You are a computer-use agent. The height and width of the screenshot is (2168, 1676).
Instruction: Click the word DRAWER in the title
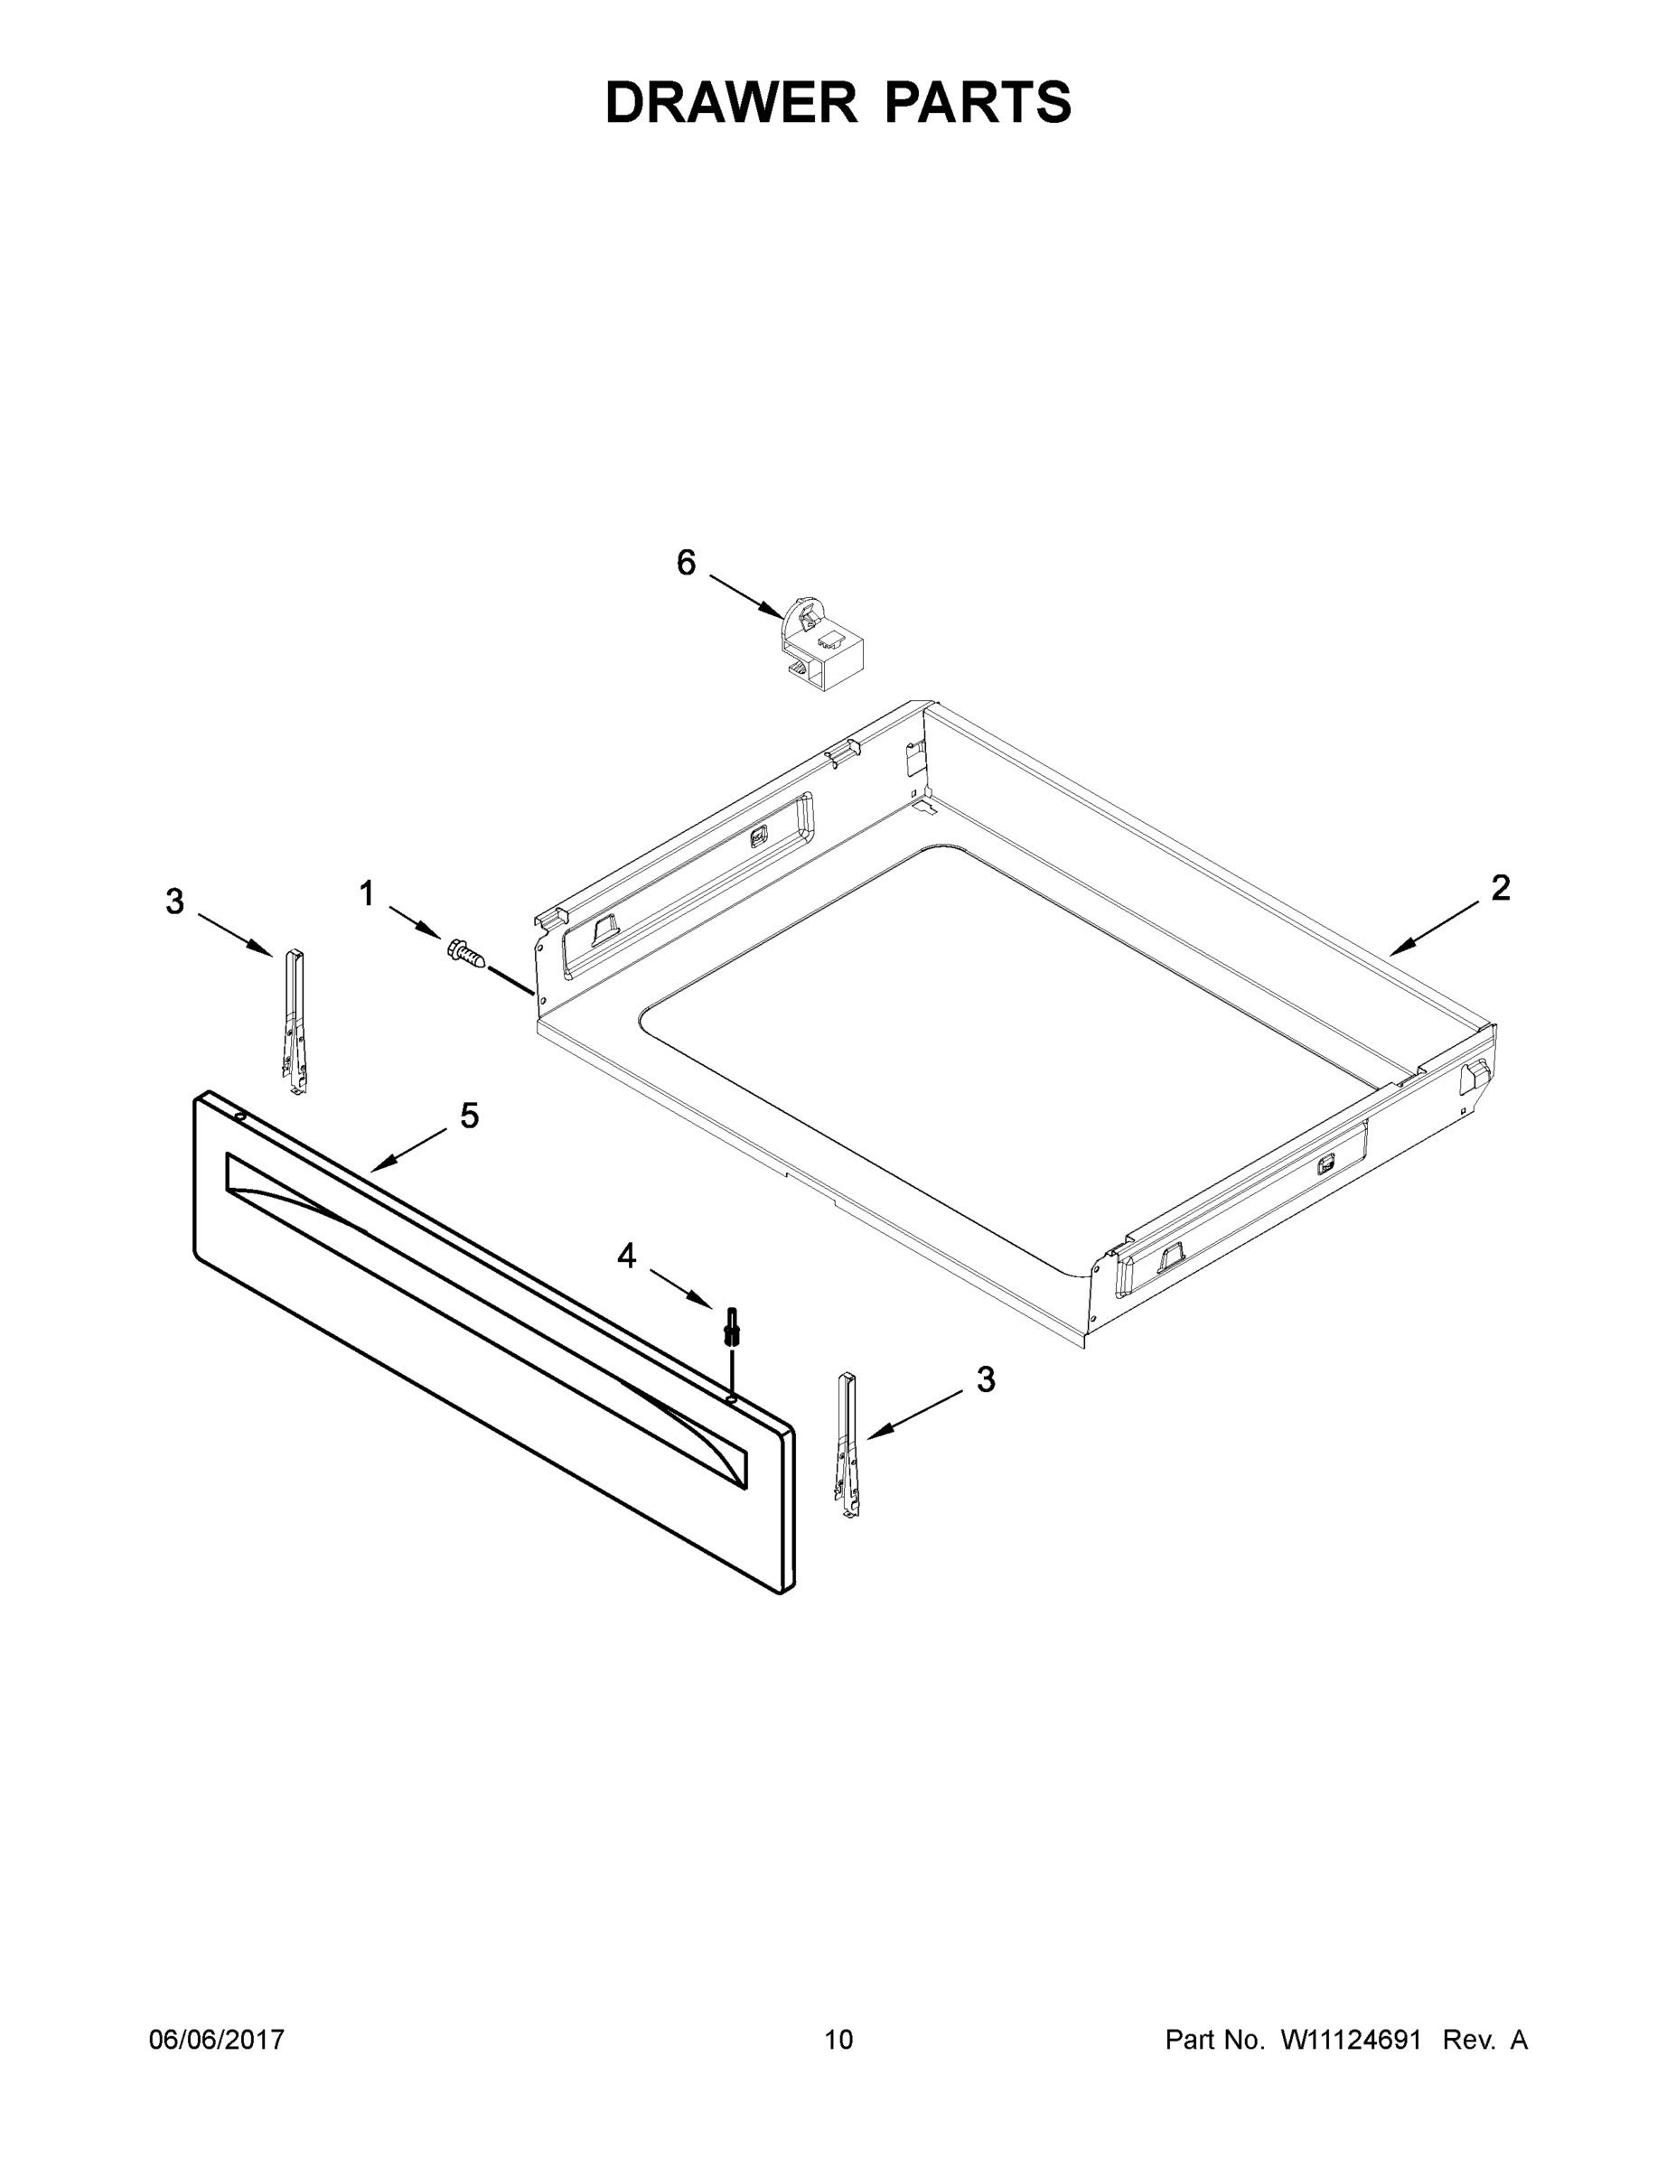(731, 102)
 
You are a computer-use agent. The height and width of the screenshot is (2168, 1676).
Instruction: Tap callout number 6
(686, 563)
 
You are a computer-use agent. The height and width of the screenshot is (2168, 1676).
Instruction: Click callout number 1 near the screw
(367, 893)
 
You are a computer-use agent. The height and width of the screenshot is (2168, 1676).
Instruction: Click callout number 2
(1500, 887)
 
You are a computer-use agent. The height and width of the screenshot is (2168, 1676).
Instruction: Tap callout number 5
(470, 1116)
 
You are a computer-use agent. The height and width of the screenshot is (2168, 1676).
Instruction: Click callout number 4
(625, 1256)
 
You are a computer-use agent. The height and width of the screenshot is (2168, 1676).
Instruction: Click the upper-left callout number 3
(174, 902)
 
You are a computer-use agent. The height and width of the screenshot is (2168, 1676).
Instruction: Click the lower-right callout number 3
(985, 1379)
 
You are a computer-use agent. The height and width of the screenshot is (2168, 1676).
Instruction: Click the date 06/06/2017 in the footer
(217, 2039)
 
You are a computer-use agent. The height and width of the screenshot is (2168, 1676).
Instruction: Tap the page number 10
(838, 2039)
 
